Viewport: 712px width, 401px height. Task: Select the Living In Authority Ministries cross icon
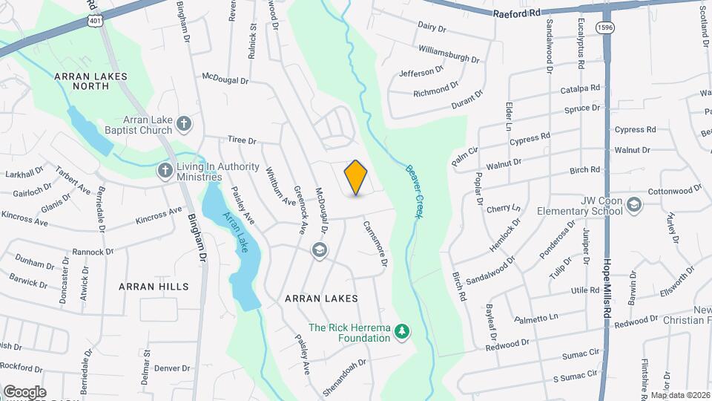[x=165, y=171]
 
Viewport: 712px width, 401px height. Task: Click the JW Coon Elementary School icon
[x=634, y=204]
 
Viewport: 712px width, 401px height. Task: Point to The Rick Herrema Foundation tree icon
[x=403, y=330]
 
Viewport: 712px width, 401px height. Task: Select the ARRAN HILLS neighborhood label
[x=154, y=286]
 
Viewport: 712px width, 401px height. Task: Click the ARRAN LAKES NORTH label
[x=91, y=81]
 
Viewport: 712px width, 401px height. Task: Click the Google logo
[x=24, y=391]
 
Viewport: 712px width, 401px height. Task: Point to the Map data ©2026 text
[x=680, y=395]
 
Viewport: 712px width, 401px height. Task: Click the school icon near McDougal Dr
[x=320, y=250]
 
